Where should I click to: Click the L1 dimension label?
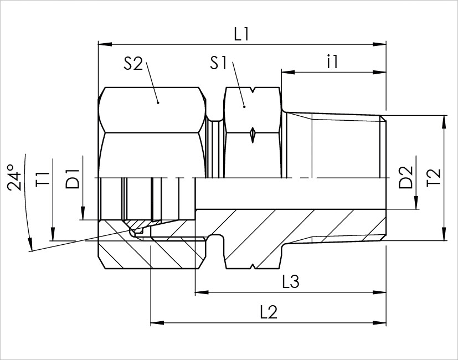241,34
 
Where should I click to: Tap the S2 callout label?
133,63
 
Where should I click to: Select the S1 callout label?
218,63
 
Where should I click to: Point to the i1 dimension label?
332,61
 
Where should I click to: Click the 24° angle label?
14,178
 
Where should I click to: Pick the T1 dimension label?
43,179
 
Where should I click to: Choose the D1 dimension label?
73,179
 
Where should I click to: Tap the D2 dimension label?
406,177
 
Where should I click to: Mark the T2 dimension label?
434,177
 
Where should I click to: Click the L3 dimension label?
291,282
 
